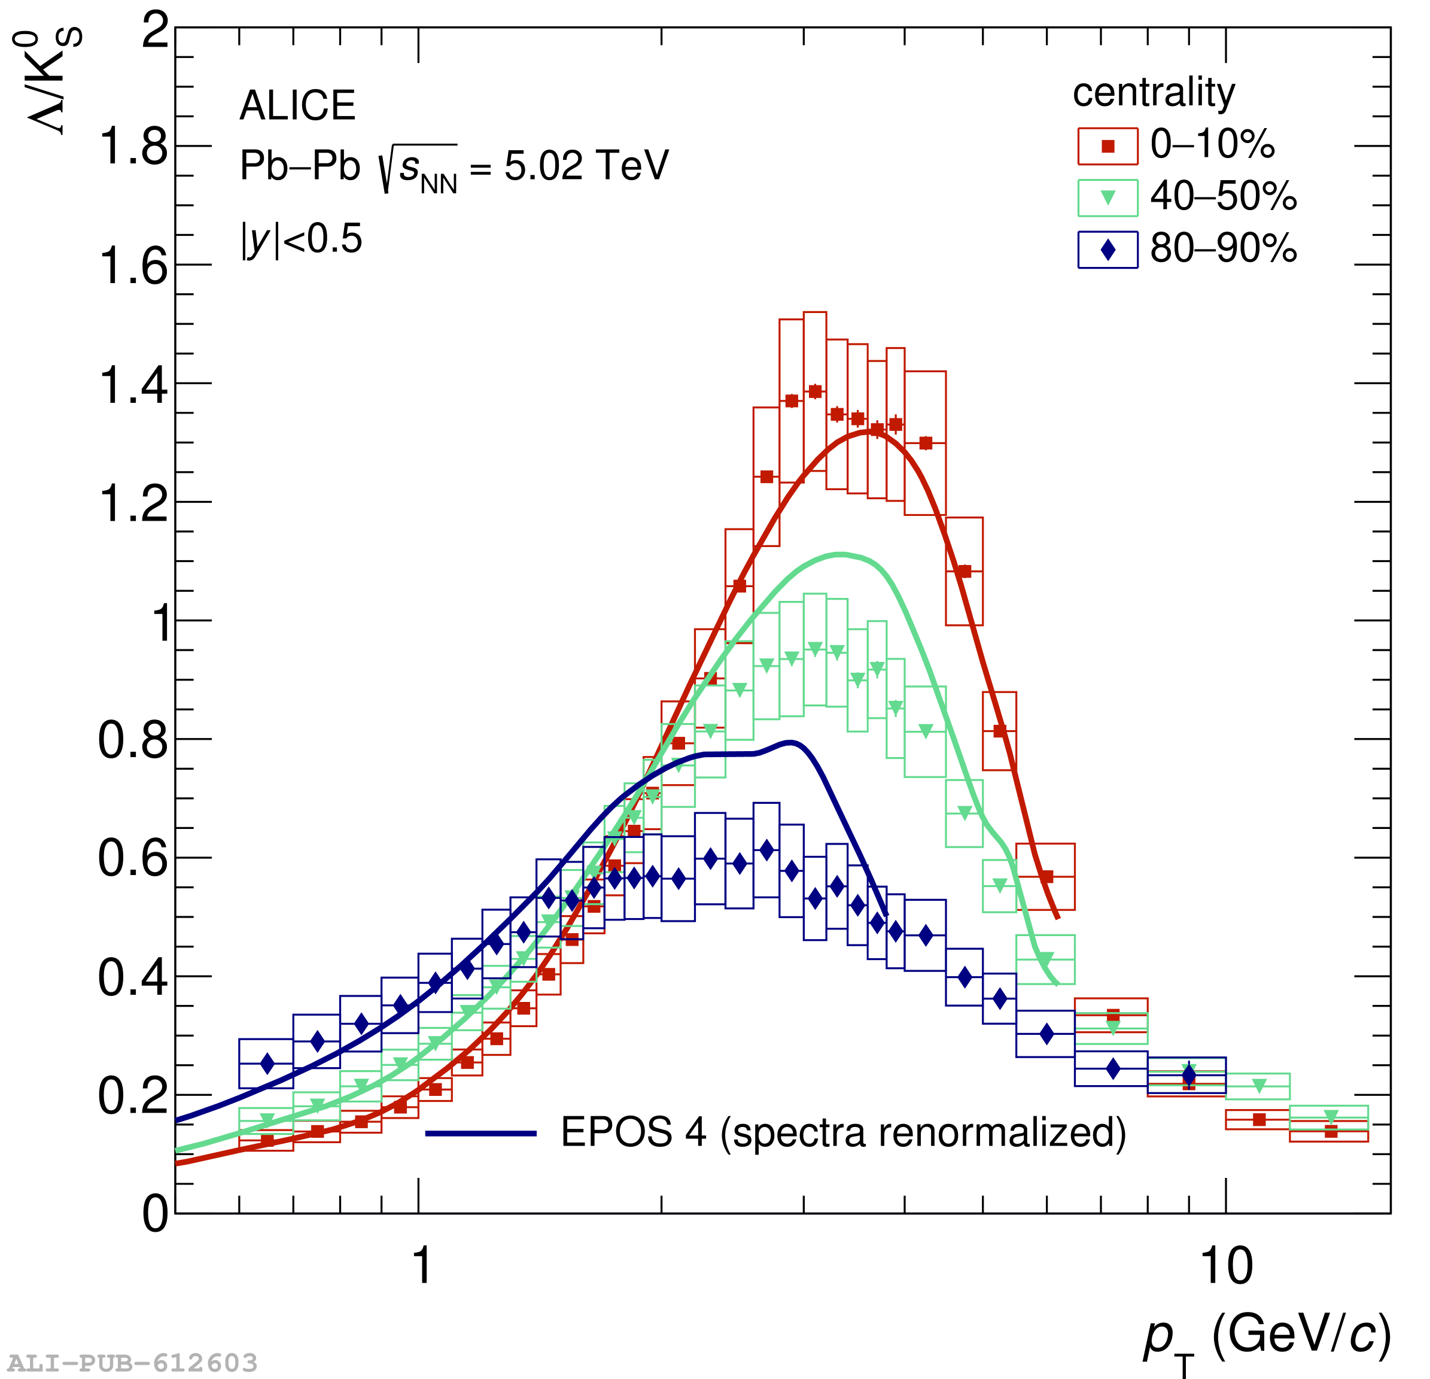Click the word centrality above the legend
pyautogui.click(x=1154, y=93)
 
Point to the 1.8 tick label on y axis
pyautogui.click(x=133, y=146)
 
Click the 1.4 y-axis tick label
pyautogui.click(x=133, y=385)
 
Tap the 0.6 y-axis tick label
pyautogui.click(x=133, y=858)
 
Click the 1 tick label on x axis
pyautogui.click(x=422, y=1266)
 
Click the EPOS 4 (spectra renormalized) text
pyautogui.click(x=842, y=1133)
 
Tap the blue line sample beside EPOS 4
pyautogui.click(x=481, y=1134)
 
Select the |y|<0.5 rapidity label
pyautogui.click(x=302, y=239)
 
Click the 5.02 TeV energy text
pyautogui.click(x=586, y=166)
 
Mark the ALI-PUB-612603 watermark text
pyautogui.click(x=132, y=1362)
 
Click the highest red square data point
pyautogui.click(x=815, y=392)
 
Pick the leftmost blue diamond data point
pyautogui.click(x=267, y=1064)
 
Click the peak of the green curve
pyautogui.click(x=841, y=555)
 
